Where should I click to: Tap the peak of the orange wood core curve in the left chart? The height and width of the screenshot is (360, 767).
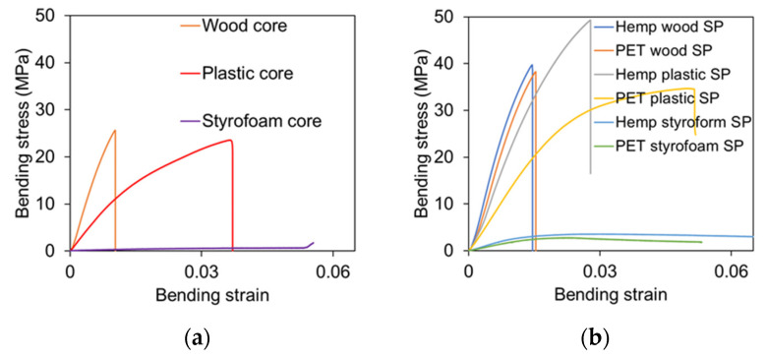pos(115,130)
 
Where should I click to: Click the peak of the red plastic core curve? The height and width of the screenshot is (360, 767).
pos(231,140)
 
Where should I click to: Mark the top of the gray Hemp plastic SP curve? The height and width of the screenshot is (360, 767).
pos(589,20)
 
